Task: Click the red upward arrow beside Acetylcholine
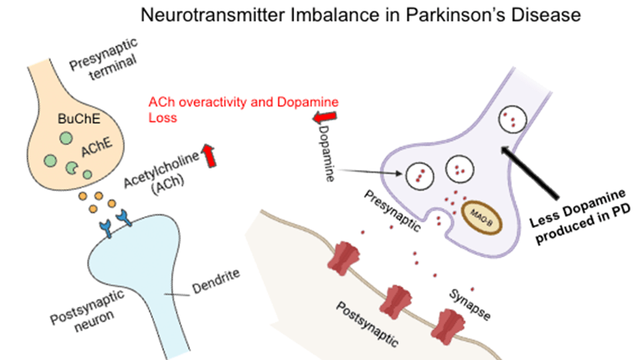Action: pos(209,156)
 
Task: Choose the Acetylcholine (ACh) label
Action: pos(161,174)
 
